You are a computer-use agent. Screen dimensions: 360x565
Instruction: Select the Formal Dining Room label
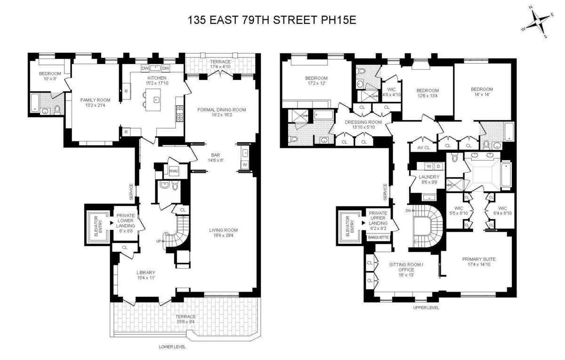222,110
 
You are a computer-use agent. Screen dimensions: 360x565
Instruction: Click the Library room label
145,272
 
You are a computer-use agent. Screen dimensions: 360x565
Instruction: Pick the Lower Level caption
172,347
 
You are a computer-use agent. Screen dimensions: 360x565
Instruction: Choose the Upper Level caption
426,308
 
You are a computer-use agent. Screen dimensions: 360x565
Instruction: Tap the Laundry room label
429,177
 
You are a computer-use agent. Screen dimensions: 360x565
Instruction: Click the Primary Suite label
478,259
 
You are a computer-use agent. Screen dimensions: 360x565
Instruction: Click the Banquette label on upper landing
378,237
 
